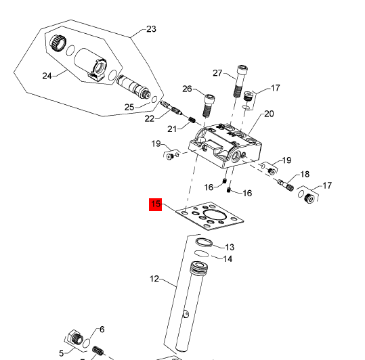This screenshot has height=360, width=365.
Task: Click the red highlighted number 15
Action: pos(156,204)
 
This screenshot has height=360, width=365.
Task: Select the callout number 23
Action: pos(151,29)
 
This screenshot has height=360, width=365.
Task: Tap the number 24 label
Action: pos(47,76)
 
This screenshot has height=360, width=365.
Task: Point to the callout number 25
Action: pos(129,107)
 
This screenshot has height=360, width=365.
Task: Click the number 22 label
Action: pos(150,118)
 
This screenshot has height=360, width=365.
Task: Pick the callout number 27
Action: pos(217,73)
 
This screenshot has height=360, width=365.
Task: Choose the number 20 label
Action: pos(269,114)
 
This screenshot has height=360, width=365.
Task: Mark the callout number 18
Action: pos(305,174)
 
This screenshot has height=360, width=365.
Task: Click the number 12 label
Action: pos(154,278)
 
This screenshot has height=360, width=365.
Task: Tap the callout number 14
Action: pos(228,258)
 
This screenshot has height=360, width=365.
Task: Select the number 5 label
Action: pos(60,353)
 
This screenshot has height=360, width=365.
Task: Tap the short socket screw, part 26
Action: pos(209,104)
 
